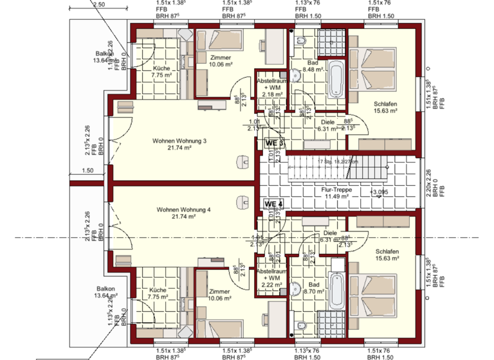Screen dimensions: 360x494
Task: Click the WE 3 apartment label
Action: click(275, 143)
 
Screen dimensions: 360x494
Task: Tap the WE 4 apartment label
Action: click(274, 204)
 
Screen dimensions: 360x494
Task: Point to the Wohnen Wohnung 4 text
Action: click(183, 210)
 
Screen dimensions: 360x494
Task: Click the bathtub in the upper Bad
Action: click(336, 78)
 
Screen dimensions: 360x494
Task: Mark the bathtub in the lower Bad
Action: click(336, 289)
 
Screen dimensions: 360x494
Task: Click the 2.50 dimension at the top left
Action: click(98, 4)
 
